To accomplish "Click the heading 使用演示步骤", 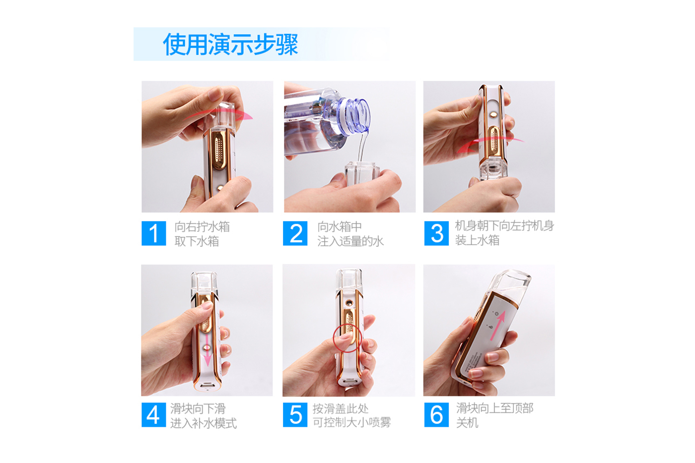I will click(x=230, y=44).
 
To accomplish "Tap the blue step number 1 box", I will click(x=153, y=233).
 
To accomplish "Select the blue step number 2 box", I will click(x=295, y=233).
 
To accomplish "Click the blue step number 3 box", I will click(x=436, y=233).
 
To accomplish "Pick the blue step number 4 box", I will click(x=153, y=415).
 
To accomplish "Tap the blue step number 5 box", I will click(x=295, y=415).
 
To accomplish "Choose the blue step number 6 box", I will click(x=436, y=415).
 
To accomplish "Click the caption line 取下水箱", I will click(x=197, y=242).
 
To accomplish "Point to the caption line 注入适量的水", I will click(x=350, y=242).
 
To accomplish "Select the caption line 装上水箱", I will click(x=477, y=241).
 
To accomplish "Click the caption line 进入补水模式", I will click(x=204, y=423).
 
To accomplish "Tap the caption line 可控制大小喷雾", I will click(x=351, y=423).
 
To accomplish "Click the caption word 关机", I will click(x=467, y=423).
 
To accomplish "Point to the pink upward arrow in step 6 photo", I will click(x=498, y=326).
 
